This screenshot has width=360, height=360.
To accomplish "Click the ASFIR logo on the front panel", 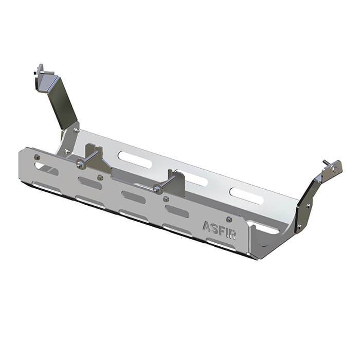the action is click(219, 230).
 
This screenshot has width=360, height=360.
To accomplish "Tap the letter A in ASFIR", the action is click(206, 226).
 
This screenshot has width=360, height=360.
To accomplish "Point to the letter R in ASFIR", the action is click(232, 234).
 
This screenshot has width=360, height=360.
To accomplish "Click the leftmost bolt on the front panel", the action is click(37, 157).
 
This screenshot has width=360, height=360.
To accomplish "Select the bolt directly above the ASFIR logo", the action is click(229, 219).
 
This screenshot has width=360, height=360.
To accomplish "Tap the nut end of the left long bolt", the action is click(79, 164).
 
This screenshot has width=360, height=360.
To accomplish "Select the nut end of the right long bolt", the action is click(156, 189).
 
